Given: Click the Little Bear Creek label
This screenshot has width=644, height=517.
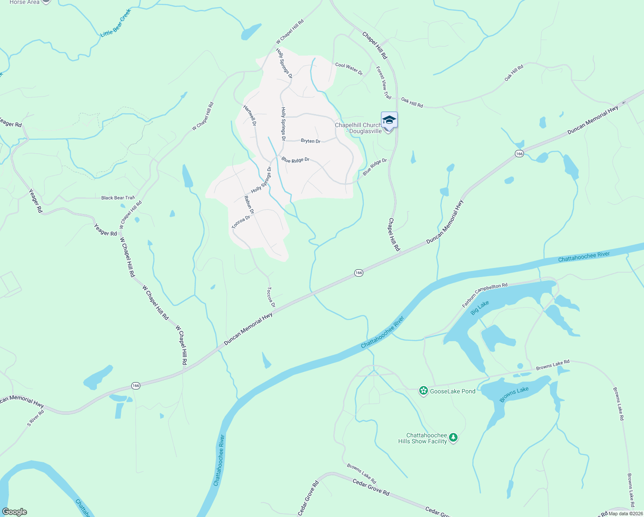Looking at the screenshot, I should pos(115,23).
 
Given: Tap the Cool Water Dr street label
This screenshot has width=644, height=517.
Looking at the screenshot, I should pos(349,68).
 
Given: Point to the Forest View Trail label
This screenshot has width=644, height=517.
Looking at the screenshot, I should pos(384,83).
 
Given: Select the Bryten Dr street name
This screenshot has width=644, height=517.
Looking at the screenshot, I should pos(310,141).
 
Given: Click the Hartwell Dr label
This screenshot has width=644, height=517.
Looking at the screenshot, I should pos(250,115).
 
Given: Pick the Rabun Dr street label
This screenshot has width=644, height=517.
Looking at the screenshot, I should pos(249,205).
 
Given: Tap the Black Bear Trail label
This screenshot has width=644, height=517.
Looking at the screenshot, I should pos(118,198).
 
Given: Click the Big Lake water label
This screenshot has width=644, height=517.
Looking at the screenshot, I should pos(480,308).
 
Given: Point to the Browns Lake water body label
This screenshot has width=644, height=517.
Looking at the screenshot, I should pos(514,394).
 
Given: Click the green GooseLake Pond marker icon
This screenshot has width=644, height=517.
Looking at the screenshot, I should pos(424,391).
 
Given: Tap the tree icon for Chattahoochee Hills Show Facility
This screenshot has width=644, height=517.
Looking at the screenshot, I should pos(453,438).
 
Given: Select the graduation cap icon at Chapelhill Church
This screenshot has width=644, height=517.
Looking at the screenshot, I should pos(389,120).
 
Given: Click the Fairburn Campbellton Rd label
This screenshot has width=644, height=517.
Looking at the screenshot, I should pos(485,295).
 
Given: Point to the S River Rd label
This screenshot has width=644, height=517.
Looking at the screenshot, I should pos(36,418).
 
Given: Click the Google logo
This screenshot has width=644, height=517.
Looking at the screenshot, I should pos(14,512).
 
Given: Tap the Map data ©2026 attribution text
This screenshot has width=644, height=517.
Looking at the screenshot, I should pos(625,514).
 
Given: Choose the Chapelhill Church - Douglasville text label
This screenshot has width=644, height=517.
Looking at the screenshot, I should pos(358,128).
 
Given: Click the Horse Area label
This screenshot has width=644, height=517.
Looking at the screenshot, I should pos(24,2).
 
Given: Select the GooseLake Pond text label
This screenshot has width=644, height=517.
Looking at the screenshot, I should pos(452,391).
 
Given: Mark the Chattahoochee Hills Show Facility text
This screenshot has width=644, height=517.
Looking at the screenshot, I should pos(423,438).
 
